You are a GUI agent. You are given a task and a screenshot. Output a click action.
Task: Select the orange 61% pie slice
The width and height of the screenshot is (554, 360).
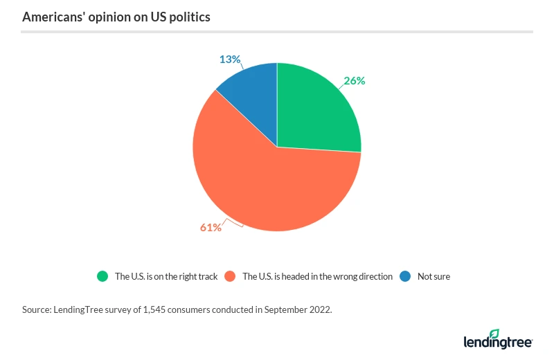coord(270,187)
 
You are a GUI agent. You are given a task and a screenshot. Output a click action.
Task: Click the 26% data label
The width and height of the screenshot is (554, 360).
coord(354,80)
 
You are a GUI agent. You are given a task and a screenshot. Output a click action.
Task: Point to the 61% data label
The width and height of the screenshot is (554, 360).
coord(211,227)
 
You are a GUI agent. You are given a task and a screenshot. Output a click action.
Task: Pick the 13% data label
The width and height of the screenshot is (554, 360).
coord(230,60)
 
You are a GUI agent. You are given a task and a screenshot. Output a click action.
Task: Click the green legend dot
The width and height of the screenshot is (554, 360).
coord(102,276)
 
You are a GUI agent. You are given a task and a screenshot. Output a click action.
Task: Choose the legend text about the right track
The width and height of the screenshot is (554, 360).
coord(166,276)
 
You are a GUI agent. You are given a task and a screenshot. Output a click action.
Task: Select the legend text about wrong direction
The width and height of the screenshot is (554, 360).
coord(317,276)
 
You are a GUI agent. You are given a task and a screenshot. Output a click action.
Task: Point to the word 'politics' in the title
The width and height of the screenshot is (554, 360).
coord(188,17)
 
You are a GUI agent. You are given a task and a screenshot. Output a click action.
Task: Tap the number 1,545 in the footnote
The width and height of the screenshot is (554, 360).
coord(152,309)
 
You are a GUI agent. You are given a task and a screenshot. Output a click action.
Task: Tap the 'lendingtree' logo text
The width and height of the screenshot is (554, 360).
coord(497,343)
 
